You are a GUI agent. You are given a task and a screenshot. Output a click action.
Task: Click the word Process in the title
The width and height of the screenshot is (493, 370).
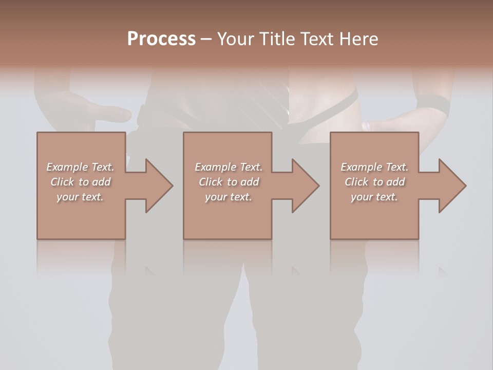point(161,39)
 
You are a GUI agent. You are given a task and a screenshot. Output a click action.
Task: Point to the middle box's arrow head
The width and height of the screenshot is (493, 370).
point(305,186)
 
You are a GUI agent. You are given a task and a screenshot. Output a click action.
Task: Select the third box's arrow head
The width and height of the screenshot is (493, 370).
point(452,186)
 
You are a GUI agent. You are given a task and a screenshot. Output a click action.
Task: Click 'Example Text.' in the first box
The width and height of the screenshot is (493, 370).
point(80,167)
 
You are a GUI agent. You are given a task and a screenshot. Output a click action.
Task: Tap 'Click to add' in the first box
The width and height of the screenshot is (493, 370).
point(80,182)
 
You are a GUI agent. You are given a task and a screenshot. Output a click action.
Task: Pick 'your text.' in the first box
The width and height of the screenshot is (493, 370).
point(80,197)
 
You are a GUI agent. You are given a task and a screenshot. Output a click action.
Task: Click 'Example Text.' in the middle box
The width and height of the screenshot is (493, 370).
point(229,167)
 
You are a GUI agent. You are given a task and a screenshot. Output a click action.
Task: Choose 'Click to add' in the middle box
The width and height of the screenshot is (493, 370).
point(229,182)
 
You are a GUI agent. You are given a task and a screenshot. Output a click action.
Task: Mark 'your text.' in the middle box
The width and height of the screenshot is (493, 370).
point(229,197)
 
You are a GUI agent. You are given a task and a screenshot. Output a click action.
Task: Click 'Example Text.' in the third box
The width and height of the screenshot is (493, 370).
point(374,167)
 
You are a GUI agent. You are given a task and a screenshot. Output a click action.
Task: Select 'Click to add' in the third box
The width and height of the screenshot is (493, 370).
point(374,182)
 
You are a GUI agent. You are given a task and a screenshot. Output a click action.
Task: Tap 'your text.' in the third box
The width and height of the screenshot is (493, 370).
point(374,197)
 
